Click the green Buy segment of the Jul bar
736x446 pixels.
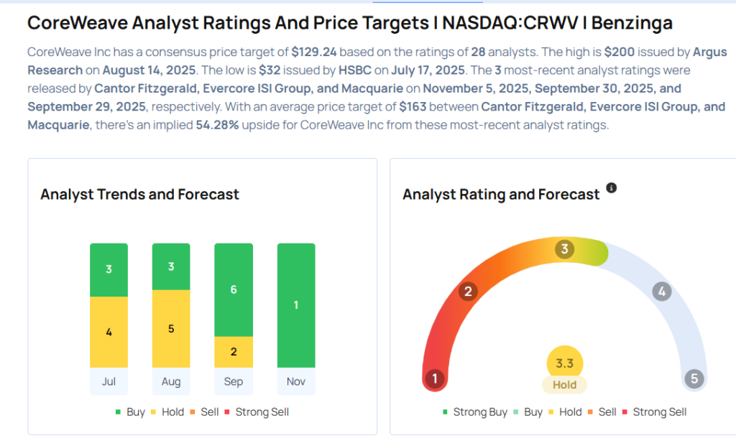pos(109,270)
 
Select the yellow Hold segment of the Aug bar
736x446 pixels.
pos(171,328)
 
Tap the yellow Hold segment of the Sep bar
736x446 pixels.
pos(234,352)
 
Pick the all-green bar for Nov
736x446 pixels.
pos(296,305)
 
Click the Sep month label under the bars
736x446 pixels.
pos(234,381)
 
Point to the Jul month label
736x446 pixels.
pos(109,381)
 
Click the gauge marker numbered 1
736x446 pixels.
pos(435,378)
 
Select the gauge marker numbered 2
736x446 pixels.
pos(468,291)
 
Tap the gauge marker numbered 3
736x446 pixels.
pos(565,250)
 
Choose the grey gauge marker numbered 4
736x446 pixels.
pos(661,292)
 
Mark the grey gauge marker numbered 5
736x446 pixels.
pos(694,378)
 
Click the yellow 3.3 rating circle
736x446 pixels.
pos(564,363)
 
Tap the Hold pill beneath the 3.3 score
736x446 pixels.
pos(564,385)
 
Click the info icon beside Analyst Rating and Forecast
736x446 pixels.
pos(612,187)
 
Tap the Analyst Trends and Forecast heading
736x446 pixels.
pos(139,195)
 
